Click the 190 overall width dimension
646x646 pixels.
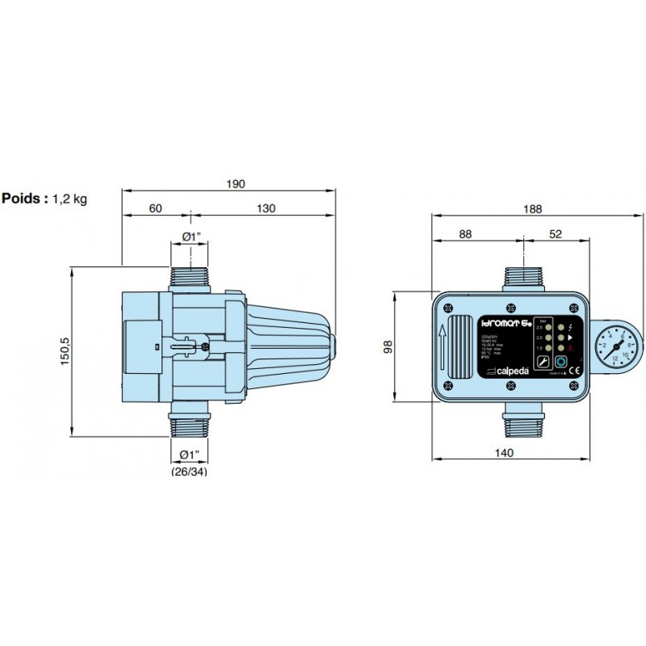234,184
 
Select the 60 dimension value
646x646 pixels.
155,208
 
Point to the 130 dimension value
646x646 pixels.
266,208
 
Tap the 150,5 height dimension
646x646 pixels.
65,350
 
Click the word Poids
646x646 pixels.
24,198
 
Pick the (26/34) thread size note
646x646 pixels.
189,472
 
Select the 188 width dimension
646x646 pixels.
531,208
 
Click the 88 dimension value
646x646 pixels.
466,234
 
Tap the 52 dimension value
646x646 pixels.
555,234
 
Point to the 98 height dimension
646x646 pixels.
388,347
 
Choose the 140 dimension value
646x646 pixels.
503,453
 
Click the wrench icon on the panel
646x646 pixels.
543,363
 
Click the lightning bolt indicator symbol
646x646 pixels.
572,327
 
